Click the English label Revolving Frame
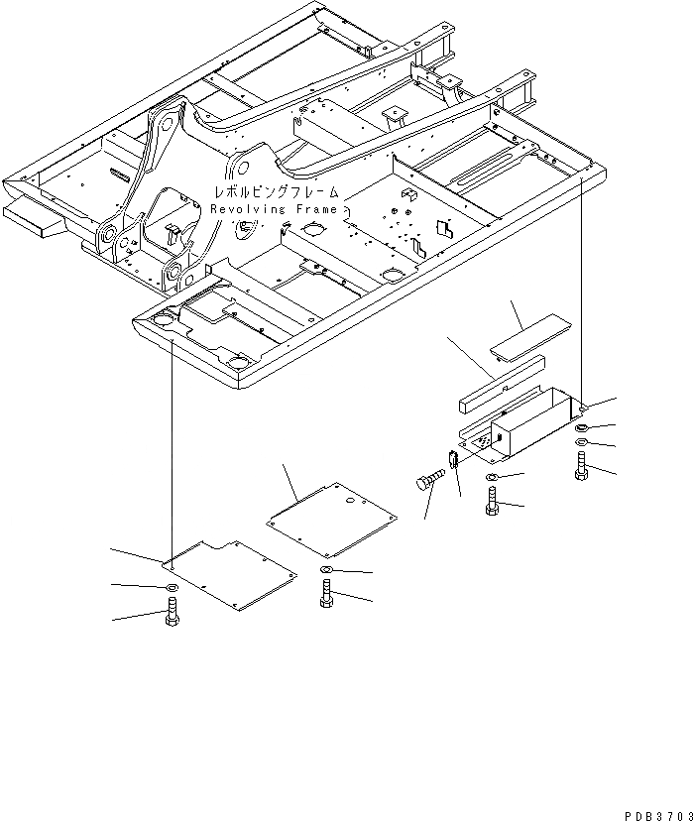(x=273, y=209)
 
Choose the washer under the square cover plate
(x=326, y=572)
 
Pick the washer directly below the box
(x=493, y=481)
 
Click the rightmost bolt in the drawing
(x=582, y=466)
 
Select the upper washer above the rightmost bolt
(x=581, y=425)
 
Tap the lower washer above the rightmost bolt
(x=582, y=440)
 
